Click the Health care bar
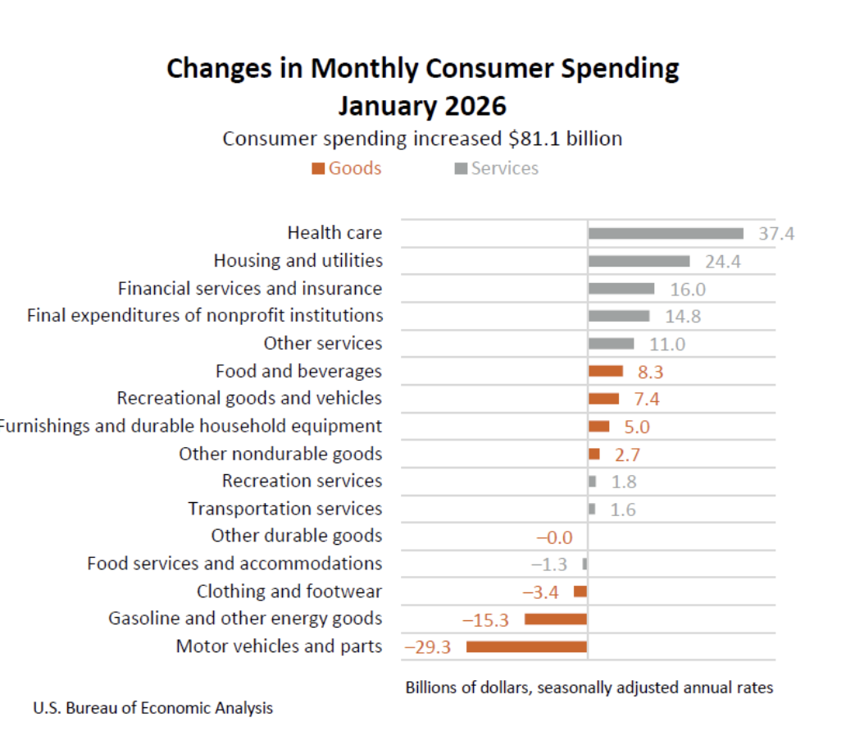coord(665,234)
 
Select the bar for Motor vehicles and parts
coord(526,647)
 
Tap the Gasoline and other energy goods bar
coord(556,619)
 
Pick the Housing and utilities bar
coord(639,261)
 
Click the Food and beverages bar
coord(605,371)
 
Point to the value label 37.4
coord(775,234)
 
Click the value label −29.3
coord(428,647)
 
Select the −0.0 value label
coord(554,537)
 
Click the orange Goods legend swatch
coord(318,169)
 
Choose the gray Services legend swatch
coord(461,169)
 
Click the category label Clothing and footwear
coord(289,592)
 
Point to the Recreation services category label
coord(302,481)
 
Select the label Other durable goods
coord(296,536)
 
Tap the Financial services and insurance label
coord(250,289)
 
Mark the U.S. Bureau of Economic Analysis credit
coord(153,708)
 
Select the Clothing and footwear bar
coord(580,592)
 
